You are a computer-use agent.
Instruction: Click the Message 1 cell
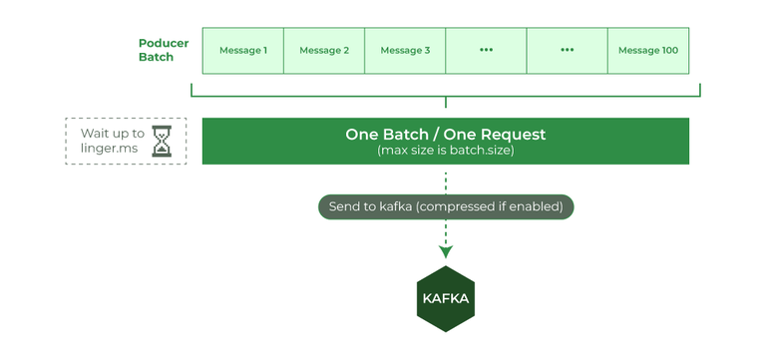click(242, 50)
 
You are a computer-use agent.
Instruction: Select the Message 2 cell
click(324, 50)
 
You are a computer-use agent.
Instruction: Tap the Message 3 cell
click(405, 50)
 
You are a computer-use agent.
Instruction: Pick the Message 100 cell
click(648, 50)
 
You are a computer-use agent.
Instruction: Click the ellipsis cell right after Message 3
click(486, 50)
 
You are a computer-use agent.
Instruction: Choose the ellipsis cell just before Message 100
click(567, 50)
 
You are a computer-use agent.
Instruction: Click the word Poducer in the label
click(164, 43)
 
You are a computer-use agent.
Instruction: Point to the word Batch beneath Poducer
click(156, 58)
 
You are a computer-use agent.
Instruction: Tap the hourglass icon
click(162, 141)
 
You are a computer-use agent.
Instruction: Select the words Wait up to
click(112, 133)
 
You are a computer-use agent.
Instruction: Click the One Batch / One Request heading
click(445, 134)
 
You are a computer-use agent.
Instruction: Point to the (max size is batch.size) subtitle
click(445, 151)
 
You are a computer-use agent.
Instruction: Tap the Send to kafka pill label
click(445, 207)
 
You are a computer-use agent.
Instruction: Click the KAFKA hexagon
click(445, 298)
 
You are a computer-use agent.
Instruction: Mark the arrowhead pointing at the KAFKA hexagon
click(445, 252)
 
